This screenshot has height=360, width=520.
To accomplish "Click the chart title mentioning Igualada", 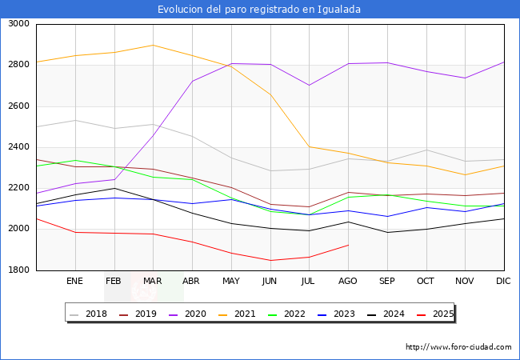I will (259, 10).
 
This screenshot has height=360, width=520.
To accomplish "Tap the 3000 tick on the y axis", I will (18, 24).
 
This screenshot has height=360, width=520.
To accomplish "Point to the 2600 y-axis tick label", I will (18, 106).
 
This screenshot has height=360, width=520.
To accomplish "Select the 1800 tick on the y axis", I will (18, 270).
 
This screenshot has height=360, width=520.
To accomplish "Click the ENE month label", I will (74, 282).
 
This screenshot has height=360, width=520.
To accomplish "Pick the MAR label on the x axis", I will (152, 282).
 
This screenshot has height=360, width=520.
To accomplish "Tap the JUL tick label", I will (309, 282).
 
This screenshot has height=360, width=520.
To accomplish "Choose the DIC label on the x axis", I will (504, 282).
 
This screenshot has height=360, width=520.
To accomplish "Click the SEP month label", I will (386, 282).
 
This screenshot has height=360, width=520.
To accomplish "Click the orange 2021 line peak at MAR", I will (153, 45).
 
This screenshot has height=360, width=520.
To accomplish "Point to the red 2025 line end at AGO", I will (348, 245).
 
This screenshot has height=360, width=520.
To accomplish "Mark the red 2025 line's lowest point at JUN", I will (270, 260).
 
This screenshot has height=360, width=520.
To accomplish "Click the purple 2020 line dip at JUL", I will (309, 85).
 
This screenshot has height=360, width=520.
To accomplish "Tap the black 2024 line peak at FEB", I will (114, 188).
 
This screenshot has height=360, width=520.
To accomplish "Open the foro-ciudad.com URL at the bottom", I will (458, 347).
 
